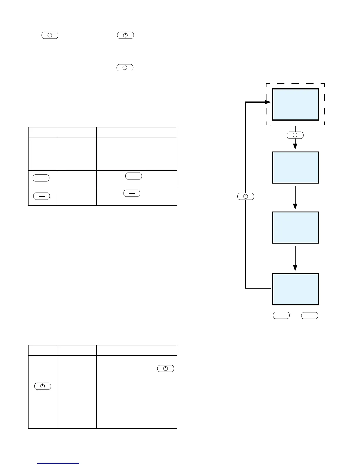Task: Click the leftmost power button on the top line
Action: point(50,35)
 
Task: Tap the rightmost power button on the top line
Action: point(126,35)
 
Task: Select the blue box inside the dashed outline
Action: point(296,104)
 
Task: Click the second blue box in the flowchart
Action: point(296,167)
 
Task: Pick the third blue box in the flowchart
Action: point(296,227)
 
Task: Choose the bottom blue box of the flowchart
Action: point(296,289)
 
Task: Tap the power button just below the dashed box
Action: point(295,135)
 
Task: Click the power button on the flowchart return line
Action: point(246,197)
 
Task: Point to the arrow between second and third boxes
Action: point(295,198)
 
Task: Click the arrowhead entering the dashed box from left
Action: point(267,102)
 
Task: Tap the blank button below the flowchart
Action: point(281,316)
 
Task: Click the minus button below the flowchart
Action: point(310,316)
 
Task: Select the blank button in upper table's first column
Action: point(41,178)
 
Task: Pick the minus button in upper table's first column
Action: point(42,196)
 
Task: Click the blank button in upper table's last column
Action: point(134,176)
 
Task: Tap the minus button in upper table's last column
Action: point(132,193)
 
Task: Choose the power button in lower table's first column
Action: point(43,386)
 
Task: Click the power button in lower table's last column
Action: point(166,369)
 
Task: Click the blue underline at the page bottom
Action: point(59,464)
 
